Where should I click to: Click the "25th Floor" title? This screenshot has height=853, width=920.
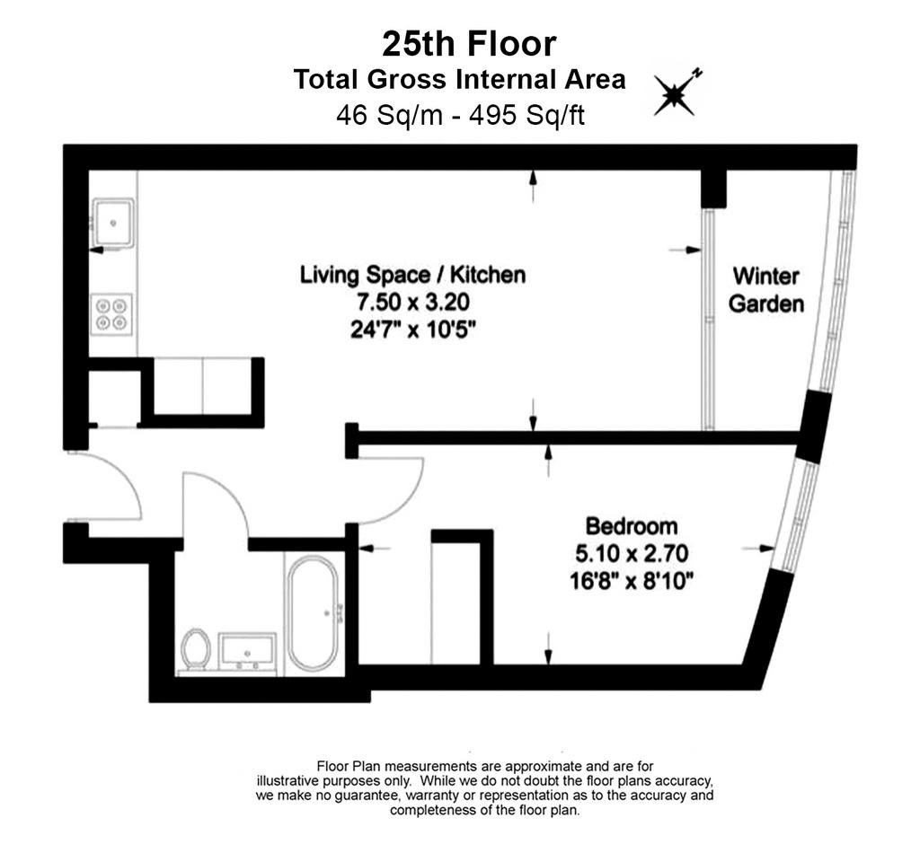click(x=469, y=45)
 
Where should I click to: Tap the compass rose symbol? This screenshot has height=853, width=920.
click(x=676, y=93)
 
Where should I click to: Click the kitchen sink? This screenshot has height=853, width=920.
click(x=112, y=223)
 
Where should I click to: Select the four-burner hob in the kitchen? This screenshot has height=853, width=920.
click(x=111, y=314)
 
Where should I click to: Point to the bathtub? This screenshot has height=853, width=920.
click(x=313, y=613)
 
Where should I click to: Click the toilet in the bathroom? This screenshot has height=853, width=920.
click(x=196, y=649)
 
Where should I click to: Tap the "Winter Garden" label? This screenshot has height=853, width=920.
click(x=765, y=290)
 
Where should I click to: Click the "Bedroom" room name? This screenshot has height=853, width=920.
click(x=632, y=526)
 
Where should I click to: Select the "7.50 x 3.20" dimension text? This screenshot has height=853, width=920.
click(x=413, y=303)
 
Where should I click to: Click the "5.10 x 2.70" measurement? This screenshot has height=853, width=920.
click(x=632, y=553)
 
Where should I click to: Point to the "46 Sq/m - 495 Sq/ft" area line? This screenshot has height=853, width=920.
click(x=460, y=115)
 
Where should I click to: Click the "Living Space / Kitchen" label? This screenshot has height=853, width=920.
click(x=412, y=275)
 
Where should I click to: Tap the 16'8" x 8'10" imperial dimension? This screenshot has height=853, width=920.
click(x=632, y=582)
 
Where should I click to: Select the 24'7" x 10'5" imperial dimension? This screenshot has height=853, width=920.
click(x=412, y=330)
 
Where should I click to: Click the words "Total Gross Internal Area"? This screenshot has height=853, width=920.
click(x=459, y=80)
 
